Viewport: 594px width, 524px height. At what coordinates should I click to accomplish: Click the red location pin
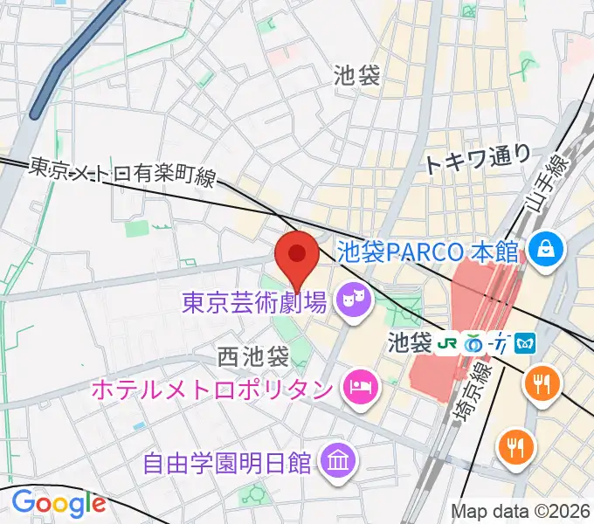pyautogui.click(x=296, y=255)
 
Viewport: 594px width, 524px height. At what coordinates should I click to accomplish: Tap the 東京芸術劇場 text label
pyautogui.click(x=254, y=303)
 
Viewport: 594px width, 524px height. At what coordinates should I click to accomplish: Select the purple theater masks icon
pyautogui.click(x=354, y=301)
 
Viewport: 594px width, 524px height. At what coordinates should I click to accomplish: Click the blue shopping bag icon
pyautogui.click(x=546, y=249)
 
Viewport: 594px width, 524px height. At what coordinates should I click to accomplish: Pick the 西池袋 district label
pyautogui.click(x=253, y=356)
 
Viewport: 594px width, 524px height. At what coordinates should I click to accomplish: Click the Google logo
pyautogui.click(x=59, y=504)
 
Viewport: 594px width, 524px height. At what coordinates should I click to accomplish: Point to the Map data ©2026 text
pyautogui.click(x=521, y=511)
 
